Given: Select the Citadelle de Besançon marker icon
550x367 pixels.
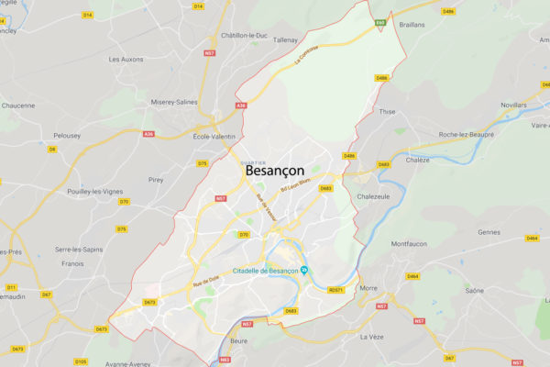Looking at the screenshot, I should click(304, 270).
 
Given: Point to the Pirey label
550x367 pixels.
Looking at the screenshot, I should click(155, 181).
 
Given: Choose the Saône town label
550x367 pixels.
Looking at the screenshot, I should click(474, 290).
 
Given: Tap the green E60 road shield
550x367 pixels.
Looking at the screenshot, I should click(379, 21).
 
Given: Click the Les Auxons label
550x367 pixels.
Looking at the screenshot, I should click(126, 60).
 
